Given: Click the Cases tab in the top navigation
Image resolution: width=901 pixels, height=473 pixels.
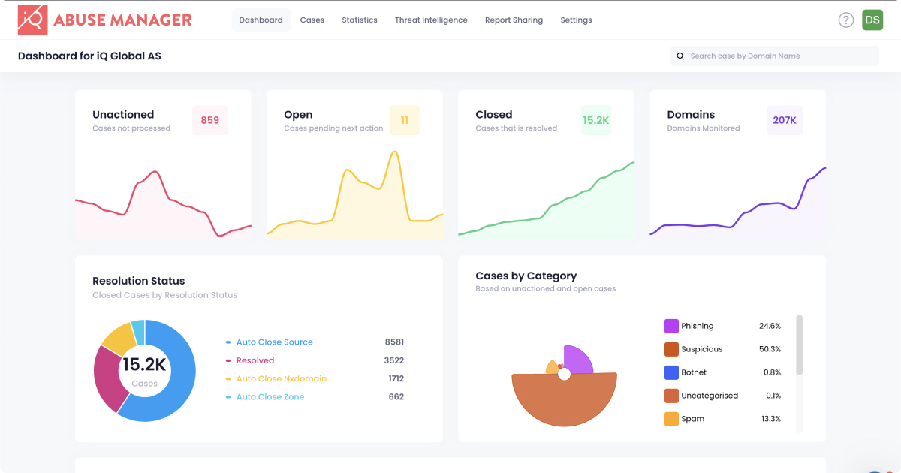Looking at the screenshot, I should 312,20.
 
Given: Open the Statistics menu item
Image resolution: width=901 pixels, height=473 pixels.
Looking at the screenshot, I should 360,20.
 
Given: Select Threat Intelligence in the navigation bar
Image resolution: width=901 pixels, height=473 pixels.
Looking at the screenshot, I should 431,20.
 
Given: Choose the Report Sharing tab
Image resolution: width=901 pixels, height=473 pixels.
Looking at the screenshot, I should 514,20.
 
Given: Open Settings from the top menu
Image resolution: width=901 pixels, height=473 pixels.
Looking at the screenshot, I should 576,20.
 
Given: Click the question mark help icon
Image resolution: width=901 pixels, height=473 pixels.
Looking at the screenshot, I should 846,20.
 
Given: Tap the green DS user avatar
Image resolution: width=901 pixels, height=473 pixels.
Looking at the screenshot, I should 872,20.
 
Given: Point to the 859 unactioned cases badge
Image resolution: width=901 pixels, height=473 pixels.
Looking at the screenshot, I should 210,120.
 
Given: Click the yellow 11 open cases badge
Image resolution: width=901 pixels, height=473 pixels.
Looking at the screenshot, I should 405,120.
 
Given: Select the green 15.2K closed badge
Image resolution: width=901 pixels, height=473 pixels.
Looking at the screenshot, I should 596,120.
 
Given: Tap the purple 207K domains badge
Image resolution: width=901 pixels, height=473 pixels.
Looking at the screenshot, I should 785,120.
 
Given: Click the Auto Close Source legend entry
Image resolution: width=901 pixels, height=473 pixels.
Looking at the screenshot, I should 274,342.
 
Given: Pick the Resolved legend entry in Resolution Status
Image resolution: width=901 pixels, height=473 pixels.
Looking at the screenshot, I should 255,360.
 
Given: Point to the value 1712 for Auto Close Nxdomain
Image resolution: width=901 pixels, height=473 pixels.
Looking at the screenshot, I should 396,379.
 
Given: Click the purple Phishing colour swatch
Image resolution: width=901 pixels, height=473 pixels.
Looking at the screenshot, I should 671,326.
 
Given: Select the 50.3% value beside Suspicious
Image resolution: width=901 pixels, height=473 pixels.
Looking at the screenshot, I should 770,349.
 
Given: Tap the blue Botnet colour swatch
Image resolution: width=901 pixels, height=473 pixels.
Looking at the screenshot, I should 671,372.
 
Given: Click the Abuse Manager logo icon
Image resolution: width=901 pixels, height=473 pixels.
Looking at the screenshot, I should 33,20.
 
